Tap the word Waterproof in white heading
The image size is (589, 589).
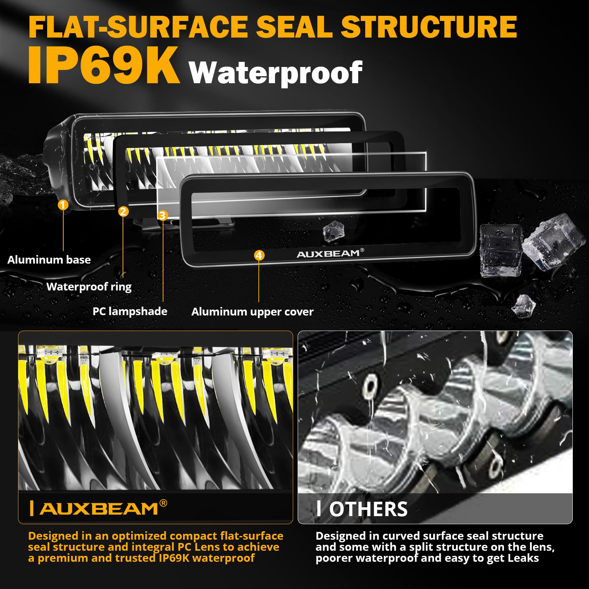click(x=275, y=73)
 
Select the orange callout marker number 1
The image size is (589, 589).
click(x=63, y=205)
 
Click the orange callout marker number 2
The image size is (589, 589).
click(x=123, y=211)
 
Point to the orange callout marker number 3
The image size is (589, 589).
click(x=163, y=215)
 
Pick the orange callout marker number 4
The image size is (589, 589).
click(x=259, y=255)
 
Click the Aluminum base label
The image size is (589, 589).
click(x=49, y=260)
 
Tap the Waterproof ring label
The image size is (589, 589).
click(x=89, y=287)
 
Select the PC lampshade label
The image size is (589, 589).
click(x=130, y=311)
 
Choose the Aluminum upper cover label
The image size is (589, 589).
click(x=252, y=312)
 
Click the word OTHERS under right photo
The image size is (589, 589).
click(x=368, y=509)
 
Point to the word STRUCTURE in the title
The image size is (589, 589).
click(x=429, y=27)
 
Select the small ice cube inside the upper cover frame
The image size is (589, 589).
click(x=333, y=231)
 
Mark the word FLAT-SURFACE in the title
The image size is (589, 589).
click(x=138, y=27)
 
